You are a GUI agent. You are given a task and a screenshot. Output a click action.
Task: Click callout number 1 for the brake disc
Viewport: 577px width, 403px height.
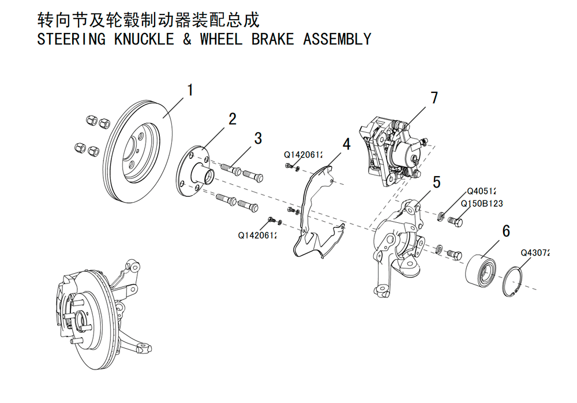pyautogui.click(x=190, y=90)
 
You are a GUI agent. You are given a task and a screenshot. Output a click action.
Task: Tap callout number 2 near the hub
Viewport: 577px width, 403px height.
pyautogui.click(x=232, y=119)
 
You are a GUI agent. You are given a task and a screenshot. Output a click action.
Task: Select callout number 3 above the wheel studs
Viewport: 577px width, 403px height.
pyautogui.click(x=258, y=139)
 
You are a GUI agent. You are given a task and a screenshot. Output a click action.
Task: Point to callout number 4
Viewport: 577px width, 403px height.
pyautogui.click(x=346, y=144)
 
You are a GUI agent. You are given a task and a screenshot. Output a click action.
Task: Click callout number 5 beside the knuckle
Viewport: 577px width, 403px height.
pyautogui.click(x=436, y=182)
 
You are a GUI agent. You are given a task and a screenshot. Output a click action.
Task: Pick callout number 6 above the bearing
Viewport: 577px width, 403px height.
pyautogui.click(x=507, y=230)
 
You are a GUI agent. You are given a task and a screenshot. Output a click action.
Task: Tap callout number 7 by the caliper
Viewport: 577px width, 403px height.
pyautogui.click(x=434, y=98)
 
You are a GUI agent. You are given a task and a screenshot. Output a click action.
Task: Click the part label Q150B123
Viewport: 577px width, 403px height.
pyautogui.click(x=482, y=203)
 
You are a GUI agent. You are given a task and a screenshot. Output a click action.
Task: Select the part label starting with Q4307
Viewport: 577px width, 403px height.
pyautogui.click(x=535, y=253)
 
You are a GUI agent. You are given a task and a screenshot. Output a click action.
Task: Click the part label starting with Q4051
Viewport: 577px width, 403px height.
pyautogui.click(x=481, y=191)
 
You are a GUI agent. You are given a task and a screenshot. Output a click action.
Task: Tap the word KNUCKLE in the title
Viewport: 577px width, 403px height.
pyautogui.click(x=144, y=39)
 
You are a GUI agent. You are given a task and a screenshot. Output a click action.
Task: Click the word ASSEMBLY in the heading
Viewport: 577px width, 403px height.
pyautogui.click(x=337, y=39)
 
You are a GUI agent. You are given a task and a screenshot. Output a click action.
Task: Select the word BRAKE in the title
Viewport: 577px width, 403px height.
pyautogui.click(x=273, y=39)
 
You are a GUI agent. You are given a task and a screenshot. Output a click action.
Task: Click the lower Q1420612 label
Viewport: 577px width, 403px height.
pyautogui.click(x=257, y=235)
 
